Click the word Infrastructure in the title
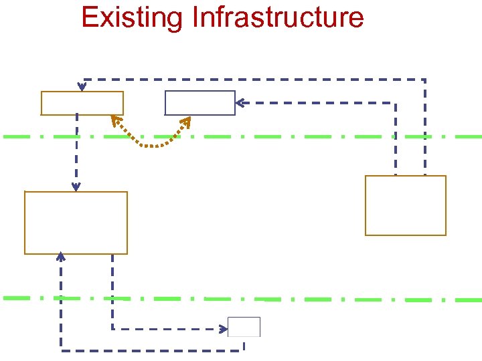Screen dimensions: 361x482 (277, 17)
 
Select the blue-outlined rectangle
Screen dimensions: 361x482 (200, 103)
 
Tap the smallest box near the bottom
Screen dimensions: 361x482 (244, 327)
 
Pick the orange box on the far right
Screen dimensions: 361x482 (405, 205)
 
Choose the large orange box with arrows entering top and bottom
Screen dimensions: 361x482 (76, 223)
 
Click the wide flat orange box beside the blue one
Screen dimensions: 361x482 (82, 103)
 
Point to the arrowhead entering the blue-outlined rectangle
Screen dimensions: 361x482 (240, 103)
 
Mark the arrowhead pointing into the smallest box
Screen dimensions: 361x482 (223, 329)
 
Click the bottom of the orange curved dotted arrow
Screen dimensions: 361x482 (151, 145)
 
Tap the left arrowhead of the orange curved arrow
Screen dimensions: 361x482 (115, 120)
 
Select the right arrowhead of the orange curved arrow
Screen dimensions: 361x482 (187, 120)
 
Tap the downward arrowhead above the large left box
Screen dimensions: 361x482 (76, 187)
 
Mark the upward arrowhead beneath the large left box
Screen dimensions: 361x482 (61, 256)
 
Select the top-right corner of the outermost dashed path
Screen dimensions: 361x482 (424, 80)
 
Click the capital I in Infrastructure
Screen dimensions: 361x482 (195, 17)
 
